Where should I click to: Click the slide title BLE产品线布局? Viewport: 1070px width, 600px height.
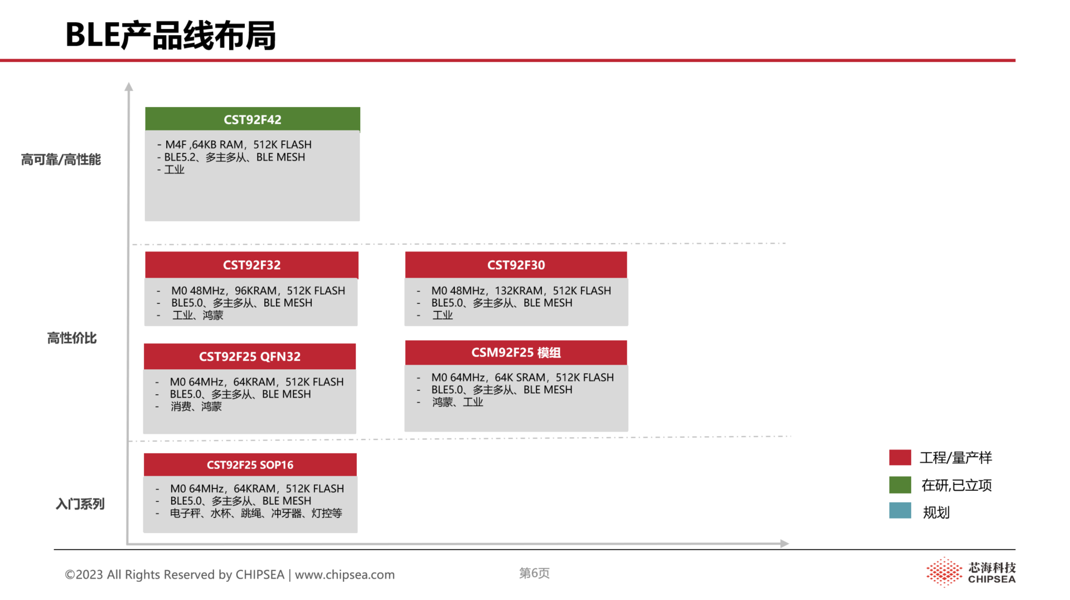click(x=171, y=35)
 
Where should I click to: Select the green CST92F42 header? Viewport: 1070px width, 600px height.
click(x=253, y=119)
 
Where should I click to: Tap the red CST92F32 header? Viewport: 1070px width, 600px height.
click(x=251, y=265)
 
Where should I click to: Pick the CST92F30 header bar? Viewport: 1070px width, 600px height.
click(x=516, y=265)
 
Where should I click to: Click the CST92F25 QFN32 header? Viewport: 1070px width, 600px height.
click(x=250, y=356)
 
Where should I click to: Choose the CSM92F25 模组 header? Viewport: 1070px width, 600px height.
click(x=516, y=352)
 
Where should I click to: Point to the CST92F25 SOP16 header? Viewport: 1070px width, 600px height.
click(x=250, y=464)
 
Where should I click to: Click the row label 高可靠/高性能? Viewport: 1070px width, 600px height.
click(x=61, y=159)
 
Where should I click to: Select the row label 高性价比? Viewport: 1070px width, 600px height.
click(x=72, y=338)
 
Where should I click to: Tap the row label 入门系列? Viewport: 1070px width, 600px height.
click(x=80, y=504)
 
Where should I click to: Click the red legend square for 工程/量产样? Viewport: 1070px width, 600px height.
click(x=900, y=457)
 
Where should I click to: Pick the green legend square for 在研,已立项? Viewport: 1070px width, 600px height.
click(x=900, y=485)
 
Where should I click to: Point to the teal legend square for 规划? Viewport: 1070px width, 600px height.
click(x=900, y=511)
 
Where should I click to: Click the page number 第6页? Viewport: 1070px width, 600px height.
click(x=534, y=573)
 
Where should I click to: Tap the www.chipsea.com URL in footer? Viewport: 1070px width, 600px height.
click(x=345, y=574)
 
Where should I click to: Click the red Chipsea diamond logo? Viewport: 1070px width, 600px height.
click(x=944, y=572)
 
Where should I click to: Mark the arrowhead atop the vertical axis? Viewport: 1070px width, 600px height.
click(x=129, y=86)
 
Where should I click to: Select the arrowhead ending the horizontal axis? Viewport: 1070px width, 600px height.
click(x=785, y=543)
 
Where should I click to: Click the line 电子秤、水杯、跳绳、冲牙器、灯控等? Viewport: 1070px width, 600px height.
click(x=256, y=513)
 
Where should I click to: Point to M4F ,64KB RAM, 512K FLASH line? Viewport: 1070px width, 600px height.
click(x=238, y=144)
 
